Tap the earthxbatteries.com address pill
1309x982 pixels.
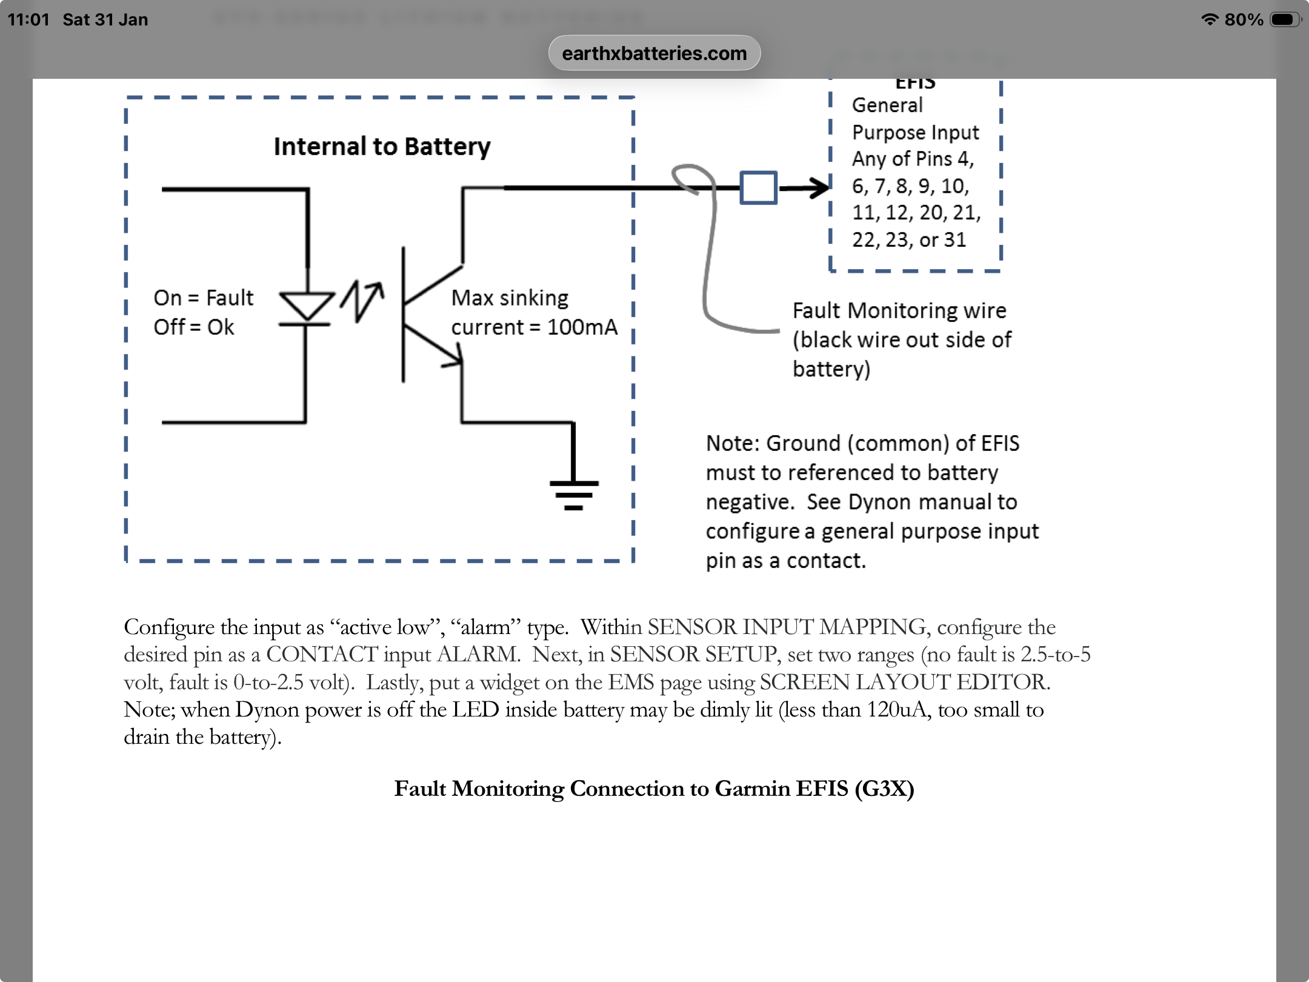coord(654,53)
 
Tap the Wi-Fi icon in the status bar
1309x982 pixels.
coord(1209,19)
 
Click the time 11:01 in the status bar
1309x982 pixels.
coord(28,19)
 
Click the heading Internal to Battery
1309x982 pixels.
coord(382,147)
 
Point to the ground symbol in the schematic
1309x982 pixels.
coord(573,494)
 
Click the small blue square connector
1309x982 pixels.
coord(758,188)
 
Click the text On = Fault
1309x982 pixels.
coord(203,298)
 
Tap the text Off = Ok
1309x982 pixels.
coord(193,327)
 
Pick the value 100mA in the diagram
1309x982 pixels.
coord(582,327)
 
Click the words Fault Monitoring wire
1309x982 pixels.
coord(899,311)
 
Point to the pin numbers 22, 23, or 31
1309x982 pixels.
coord(908,240)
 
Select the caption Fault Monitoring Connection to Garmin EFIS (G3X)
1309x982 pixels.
coord(654,789)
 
